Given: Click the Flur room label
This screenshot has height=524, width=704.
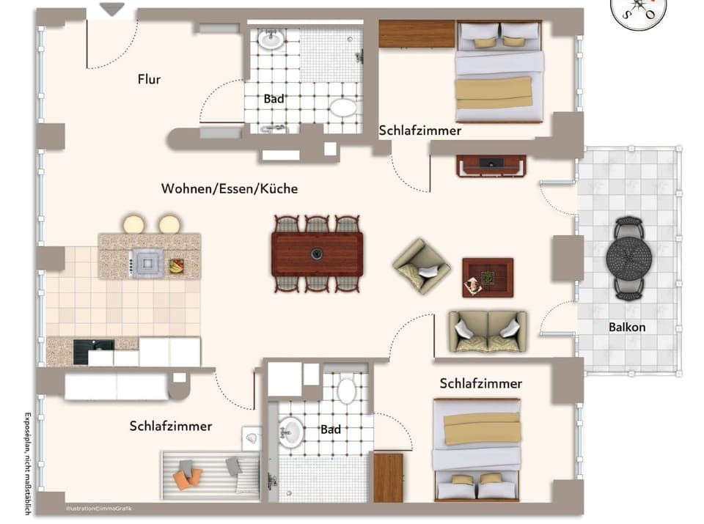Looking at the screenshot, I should pos(149,79).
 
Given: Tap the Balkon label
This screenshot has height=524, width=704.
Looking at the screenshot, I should pos(627,327).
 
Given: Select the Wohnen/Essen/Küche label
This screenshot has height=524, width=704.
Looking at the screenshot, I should pos(230,189).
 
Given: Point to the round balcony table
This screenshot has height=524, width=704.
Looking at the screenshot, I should pos(628,257).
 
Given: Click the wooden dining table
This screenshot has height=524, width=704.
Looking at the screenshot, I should pos(317,254).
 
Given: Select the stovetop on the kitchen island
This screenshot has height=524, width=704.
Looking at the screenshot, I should pos(147,261).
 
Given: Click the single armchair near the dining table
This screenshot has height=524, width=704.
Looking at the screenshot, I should pos(421,266).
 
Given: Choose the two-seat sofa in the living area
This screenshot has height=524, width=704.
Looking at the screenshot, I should pos(488,331).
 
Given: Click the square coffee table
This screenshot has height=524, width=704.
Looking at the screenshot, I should pos(488,277).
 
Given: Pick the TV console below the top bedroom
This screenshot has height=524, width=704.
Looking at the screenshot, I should pos(491,166).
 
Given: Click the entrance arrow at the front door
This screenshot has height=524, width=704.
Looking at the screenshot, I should pos(111,10).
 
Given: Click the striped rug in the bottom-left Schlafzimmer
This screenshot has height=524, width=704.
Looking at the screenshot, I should pos(210,475).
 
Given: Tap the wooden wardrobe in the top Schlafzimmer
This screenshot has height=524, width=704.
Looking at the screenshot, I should pos(417,34).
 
